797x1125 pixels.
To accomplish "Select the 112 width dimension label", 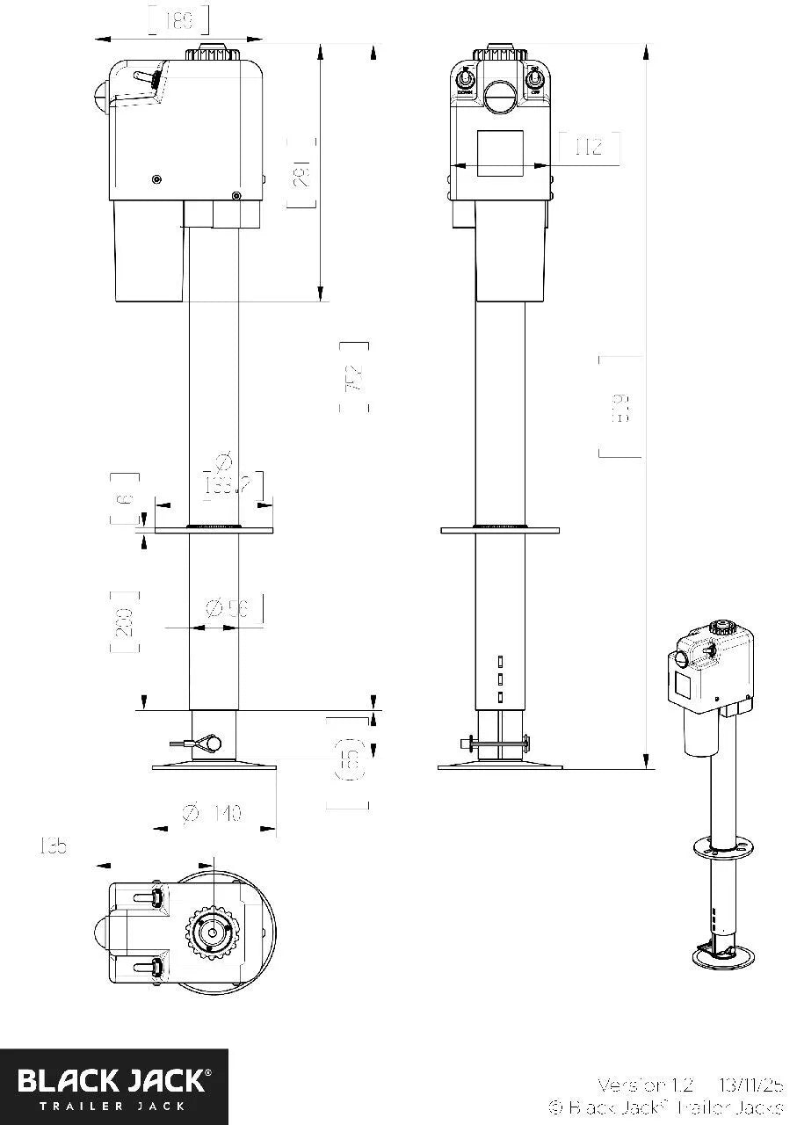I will click(x=588, y=147).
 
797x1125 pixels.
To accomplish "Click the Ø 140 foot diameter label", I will click(x=212, y=814).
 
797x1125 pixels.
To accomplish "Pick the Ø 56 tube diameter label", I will click(x=228, y=607).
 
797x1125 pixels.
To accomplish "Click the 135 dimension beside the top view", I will click(x=53, y=846).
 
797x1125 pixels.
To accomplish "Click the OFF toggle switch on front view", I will click(x=535, y=84).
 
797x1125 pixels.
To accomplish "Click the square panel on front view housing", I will click(x=500, y=153).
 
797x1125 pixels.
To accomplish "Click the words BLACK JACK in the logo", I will click(x=113, y=1079).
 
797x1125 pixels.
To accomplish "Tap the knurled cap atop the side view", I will click(x=211, y=53).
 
